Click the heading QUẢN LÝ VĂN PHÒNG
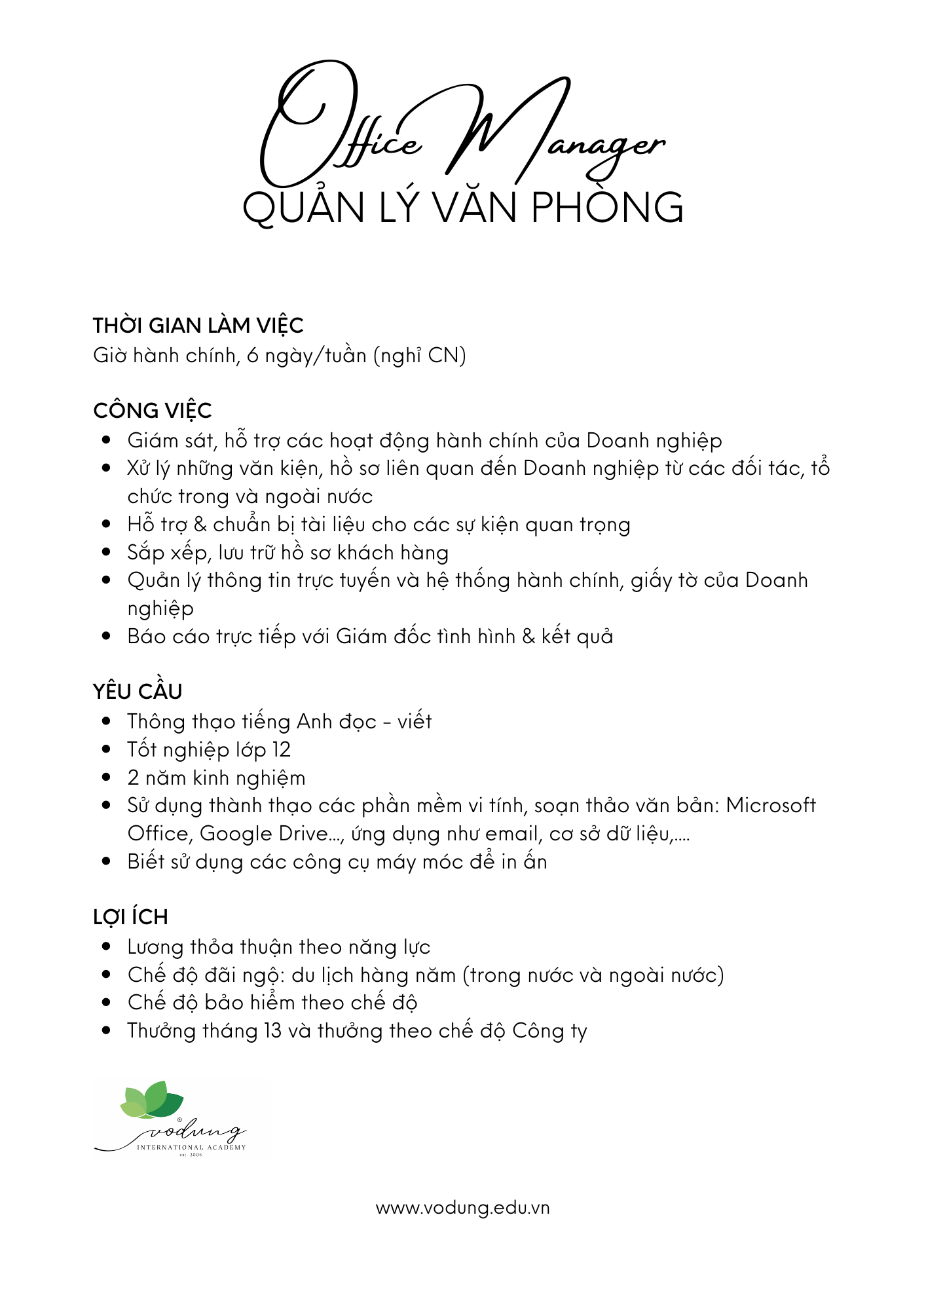tap(462, 208)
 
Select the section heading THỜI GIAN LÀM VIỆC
tap(198, 326)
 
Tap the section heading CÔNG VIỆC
tap(152, 411)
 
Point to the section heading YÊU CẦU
tap(138, 692)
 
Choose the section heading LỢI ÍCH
tap(130, 917)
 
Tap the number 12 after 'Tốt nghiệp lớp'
tap(281, 749)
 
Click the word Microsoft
tap(771, 805)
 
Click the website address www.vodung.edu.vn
tap(462, 1208)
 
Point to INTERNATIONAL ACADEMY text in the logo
tap(191, 1147)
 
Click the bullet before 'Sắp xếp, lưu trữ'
tap(107, 552)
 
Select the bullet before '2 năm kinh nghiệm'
tap(107, 777)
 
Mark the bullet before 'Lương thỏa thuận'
tap(107, 946)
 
